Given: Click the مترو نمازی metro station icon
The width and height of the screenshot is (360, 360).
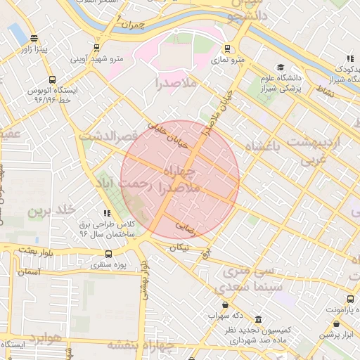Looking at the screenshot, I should tap(226, 49).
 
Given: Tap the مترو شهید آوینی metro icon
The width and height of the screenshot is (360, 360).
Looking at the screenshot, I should tap(96, 49).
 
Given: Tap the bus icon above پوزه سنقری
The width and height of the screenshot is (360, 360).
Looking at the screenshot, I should tap(108, 255).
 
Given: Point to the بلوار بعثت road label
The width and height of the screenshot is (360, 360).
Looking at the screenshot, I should tap(36, 250).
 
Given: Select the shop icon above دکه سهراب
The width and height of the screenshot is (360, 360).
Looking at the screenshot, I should tap(225, 305).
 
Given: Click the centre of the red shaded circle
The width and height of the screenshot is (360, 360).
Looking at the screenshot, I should tap(180, 179).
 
